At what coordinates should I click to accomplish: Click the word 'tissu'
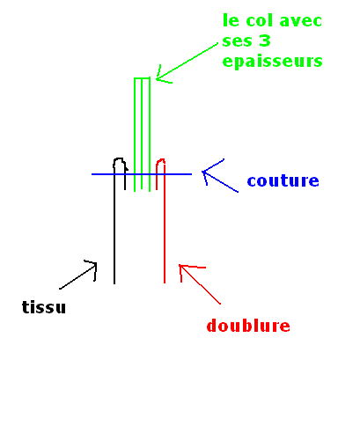point(44,307)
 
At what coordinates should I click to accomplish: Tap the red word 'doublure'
point(248,326)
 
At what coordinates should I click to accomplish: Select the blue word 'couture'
point(283,180)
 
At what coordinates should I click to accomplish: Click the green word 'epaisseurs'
point(272,62)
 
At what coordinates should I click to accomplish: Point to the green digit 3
point(265,40)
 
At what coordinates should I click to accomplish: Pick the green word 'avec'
point(301,21)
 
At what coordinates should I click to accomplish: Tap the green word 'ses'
point(237,41)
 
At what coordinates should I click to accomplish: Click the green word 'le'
point(231,20)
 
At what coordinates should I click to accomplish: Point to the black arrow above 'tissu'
point(78,275)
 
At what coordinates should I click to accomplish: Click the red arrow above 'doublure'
point(200,284)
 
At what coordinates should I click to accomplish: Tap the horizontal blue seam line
point(142,174)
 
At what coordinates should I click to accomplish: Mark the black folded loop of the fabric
point(119,158)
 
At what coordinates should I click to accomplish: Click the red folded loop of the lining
point(160,160)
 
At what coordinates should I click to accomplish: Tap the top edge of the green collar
point(142,78)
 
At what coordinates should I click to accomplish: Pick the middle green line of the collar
point(142,134)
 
